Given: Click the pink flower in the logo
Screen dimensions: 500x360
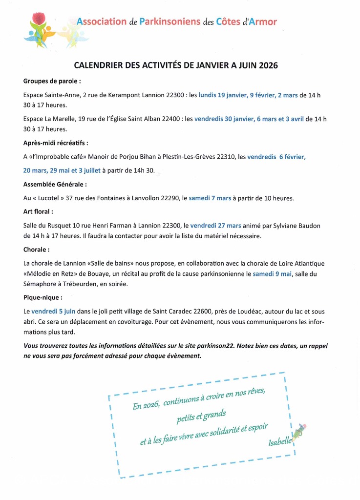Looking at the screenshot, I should point(38,20).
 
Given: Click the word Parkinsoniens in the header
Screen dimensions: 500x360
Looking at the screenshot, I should point(170,22).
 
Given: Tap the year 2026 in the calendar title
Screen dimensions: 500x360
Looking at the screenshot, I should point(268,65).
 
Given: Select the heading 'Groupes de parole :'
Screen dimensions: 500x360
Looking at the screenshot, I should point(52,81).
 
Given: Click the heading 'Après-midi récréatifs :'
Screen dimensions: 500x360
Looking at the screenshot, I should point(56,143).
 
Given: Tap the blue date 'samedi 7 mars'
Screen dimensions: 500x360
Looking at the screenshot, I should point(210,198).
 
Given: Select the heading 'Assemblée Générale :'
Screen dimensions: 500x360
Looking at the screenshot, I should point(55,185).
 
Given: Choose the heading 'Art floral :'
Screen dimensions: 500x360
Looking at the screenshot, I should point(38,212).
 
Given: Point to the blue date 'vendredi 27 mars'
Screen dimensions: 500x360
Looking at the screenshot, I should point(215,226).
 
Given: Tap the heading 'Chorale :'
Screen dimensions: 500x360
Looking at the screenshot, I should point(37,250).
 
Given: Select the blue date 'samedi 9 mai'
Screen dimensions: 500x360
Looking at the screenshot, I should point(272,273).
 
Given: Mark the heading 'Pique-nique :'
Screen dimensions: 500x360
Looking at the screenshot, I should point(43,297).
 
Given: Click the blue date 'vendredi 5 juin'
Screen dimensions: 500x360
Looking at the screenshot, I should point(53,311).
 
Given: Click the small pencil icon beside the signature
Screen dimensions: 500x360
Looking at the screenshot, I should point(299,432).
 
